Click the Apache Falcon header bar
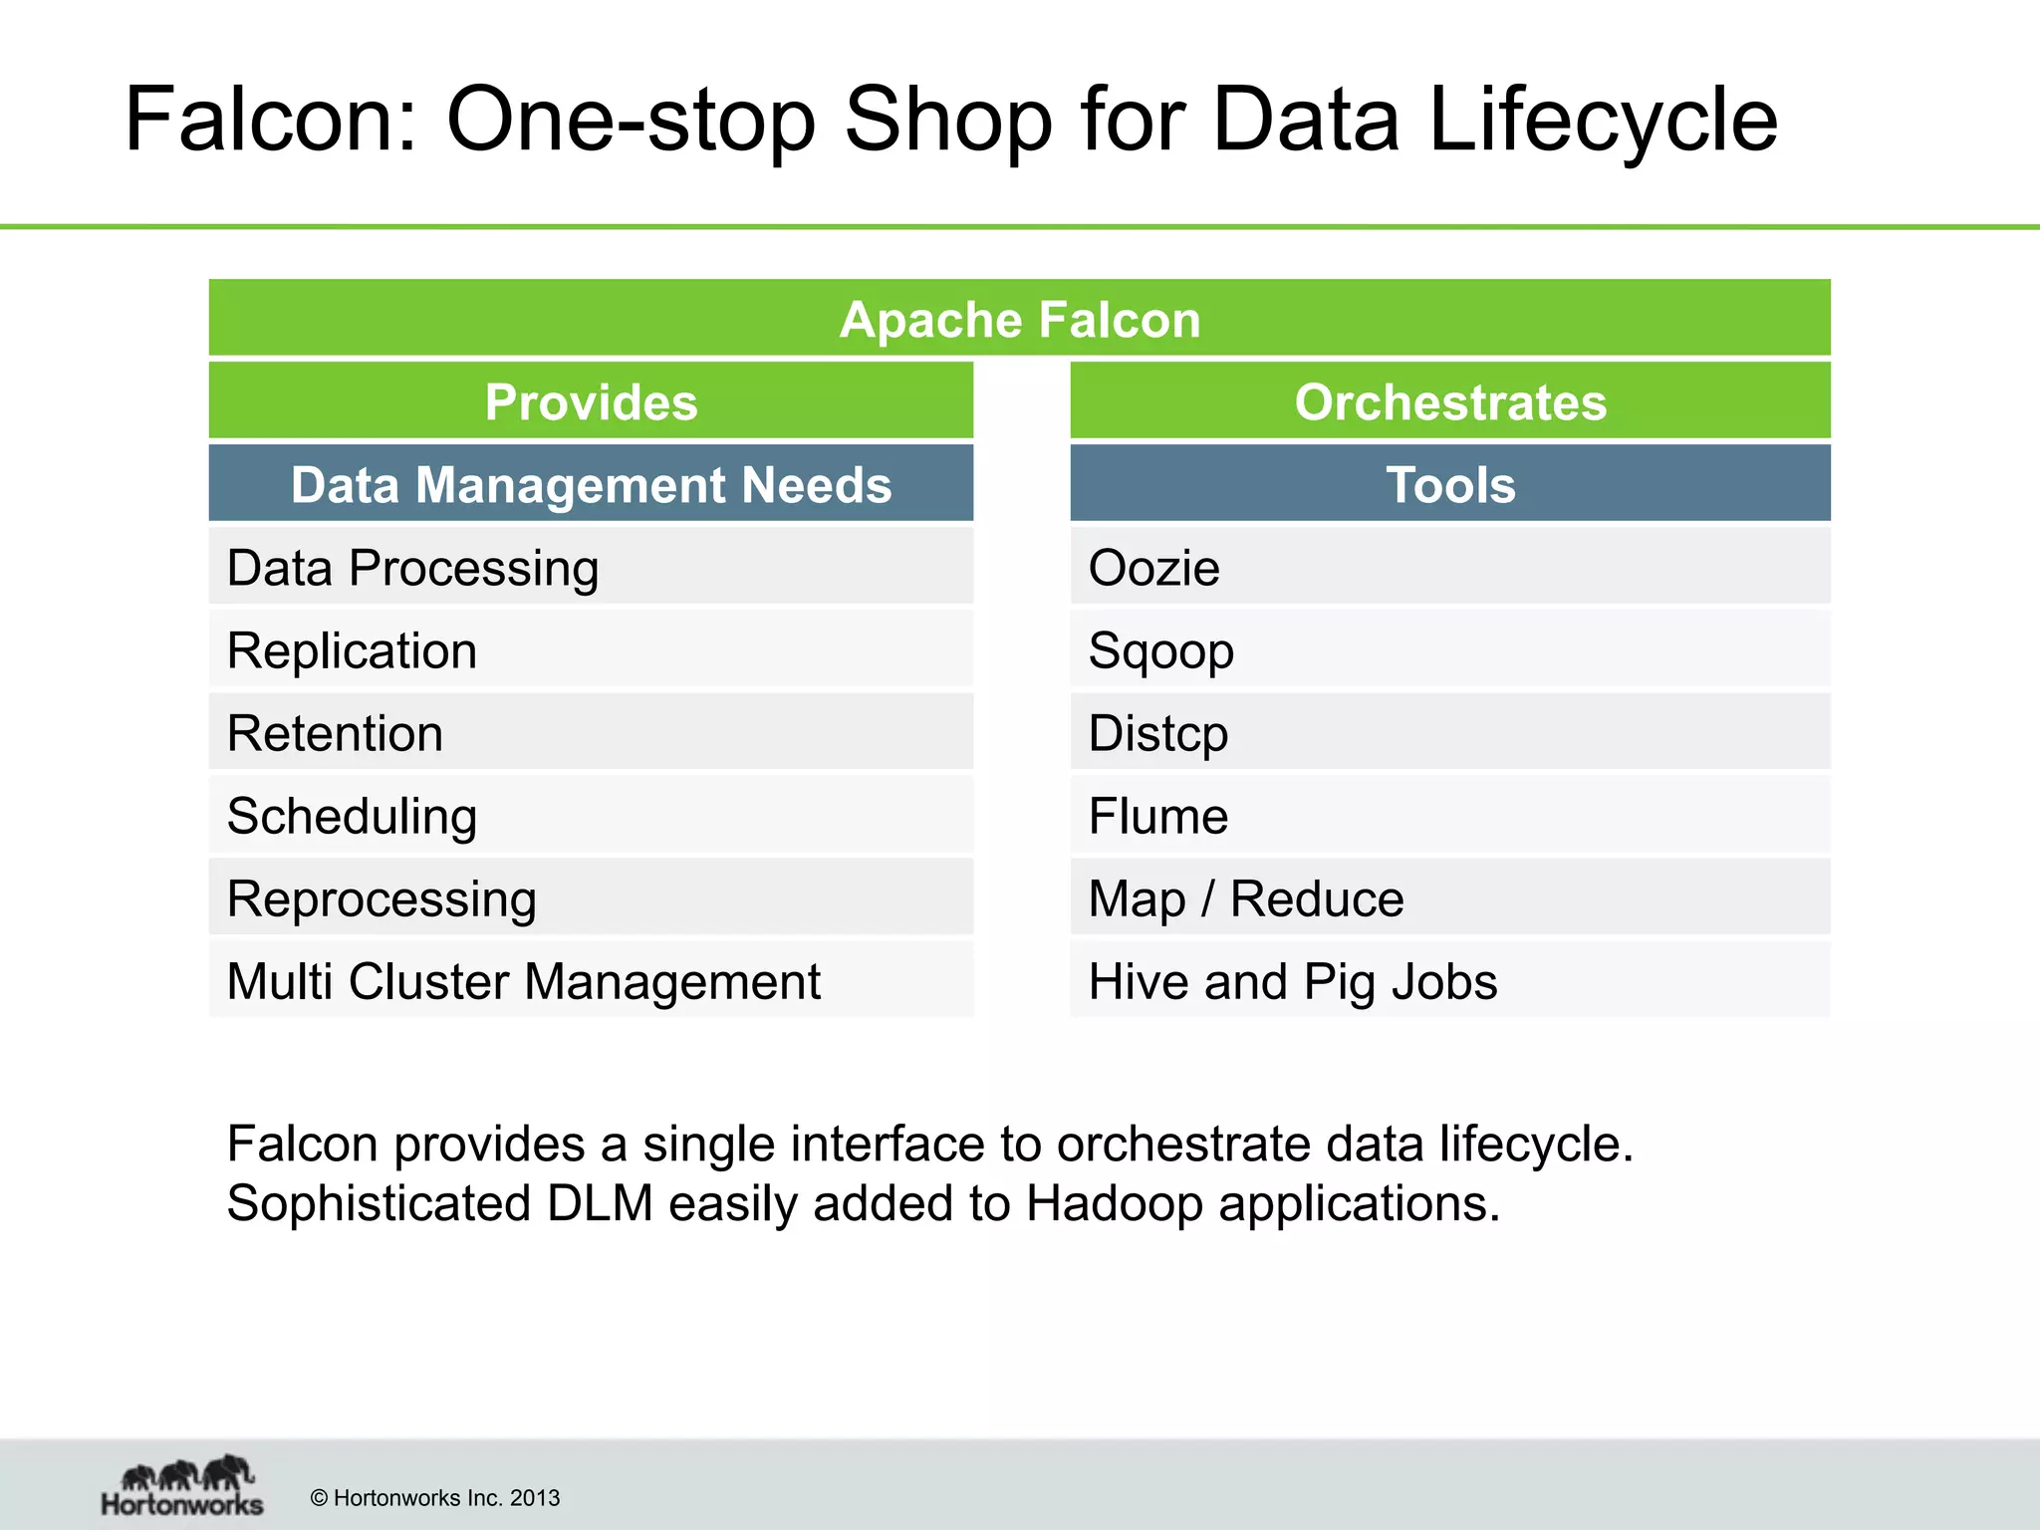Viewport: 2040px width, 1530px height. click(1019, 319)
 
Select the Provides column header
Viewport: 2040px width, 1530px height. click(591, 401)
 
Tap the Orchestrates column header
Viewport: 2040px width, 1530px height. click(1450, 401)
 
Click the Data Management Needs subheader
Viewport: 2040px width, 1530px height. click(591, 484)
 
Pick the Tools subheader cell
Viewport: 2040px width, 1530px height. click(1450, 484)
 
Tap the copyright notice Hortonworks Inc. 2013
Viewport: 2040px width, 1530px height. click(435, 1497)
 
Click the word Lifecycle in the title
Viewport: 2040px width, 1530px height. click(1603, 120)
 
